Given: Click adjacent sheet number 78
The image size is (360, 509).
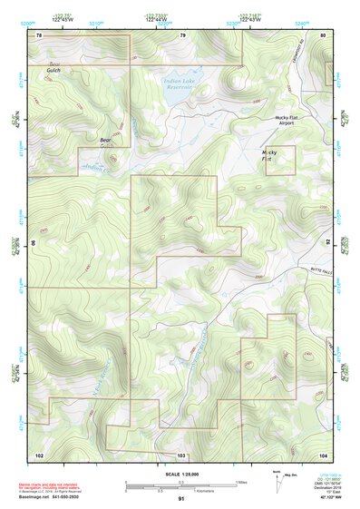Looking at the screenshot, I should (39, 34).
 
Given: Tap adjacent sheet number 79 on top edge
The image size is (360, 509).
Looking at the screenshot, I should (182, 34).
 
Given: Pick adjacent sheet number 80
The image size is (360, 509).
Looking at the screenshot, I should (324, 34).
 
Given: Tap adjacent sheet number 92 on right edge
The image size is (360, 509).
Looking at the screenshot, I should (329, 243).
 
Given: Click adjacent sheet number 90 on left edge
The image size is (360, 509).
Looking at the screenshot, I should (34, 243).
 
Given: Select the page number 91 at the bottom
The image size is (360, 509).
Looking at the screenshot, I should (182, 499).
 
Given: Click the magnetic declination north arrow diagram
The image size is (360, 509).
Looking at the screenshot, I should (277, 480).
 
